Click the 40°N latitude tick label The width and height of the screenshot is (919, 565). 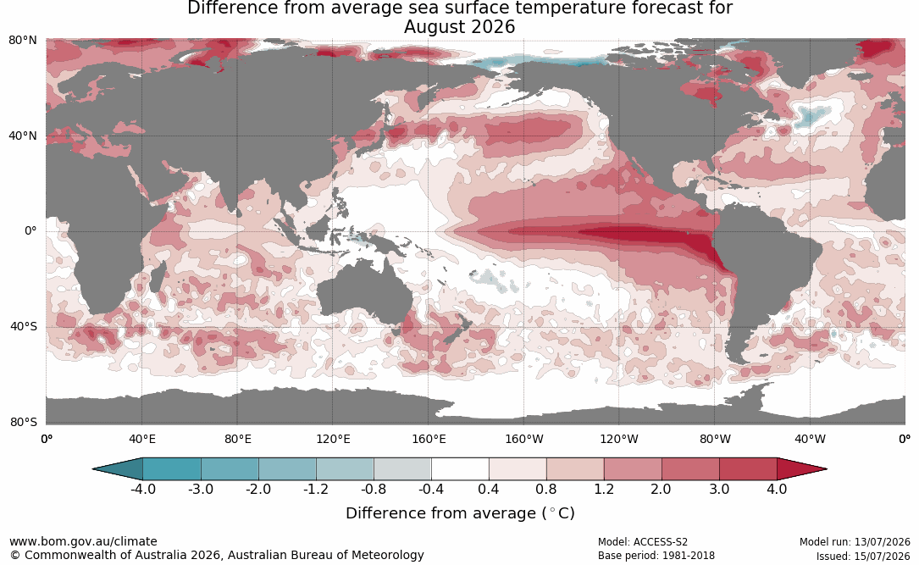[23, 136]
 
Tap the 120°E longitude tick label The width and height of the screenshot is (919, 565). [333, 439]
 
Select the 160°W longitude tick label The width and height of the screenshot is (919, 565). [524, 439]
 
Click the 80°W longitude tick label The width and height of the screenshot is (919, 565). [715, 439]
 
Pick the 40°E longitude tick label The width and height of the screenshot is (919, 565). [141, 439]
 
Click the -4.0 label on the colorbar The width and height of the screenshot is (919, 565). [143, 489]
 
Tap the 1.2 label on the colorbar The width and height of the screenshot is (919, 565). [604, 489]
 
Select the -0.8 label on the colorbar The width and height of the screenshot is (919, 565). [374, 489]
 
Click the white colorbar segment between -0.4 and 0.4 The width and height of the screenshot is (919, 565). [460, 469]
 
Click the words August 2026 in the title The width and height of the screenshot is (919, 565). [459, 27]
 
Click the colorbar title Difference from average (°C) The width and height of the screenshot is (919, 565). [460, 513]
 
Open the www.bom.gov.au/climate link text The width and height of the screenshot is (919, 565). [83, 541]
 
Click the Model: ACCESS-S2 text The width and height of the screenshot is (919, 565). [643, 542]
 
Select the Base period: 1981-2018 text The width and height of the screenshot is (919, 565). [656, 555]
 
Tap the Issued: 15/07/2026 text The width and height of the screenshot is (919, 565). [863, 556]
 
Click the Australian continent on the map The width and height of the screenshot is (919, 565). [363, 293]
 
